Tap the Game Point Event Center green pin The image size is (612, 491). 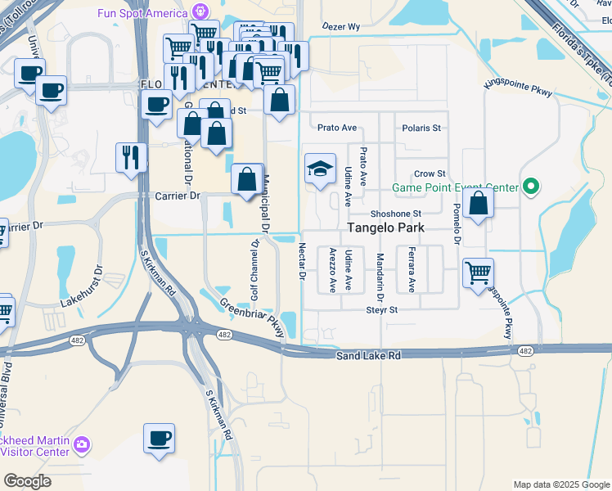click(530, 188)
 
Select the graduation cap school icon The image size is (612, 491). click(321, 169)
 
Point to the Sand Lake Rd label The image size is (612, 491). click(368, 355)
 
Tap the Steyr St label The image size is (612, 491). click(381, 310)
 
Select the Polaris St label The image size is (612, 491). click(422, 128)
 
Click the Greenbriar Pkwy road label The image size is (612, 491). click(251, 316)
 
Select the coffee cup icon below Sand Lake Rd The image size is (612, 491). click(159, 437)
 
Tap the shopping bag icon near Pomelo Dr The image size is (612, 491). click(478, 203)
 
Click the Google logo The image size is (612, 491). click(27, 481)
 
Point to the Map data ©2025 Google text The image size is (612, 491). click(560, 484)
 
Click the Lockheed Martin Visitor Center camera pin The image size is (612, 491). click(80, 444)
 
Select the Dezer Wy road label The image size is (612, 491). click(341, 27)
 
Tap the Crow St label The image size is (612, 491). click(430, 173)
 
